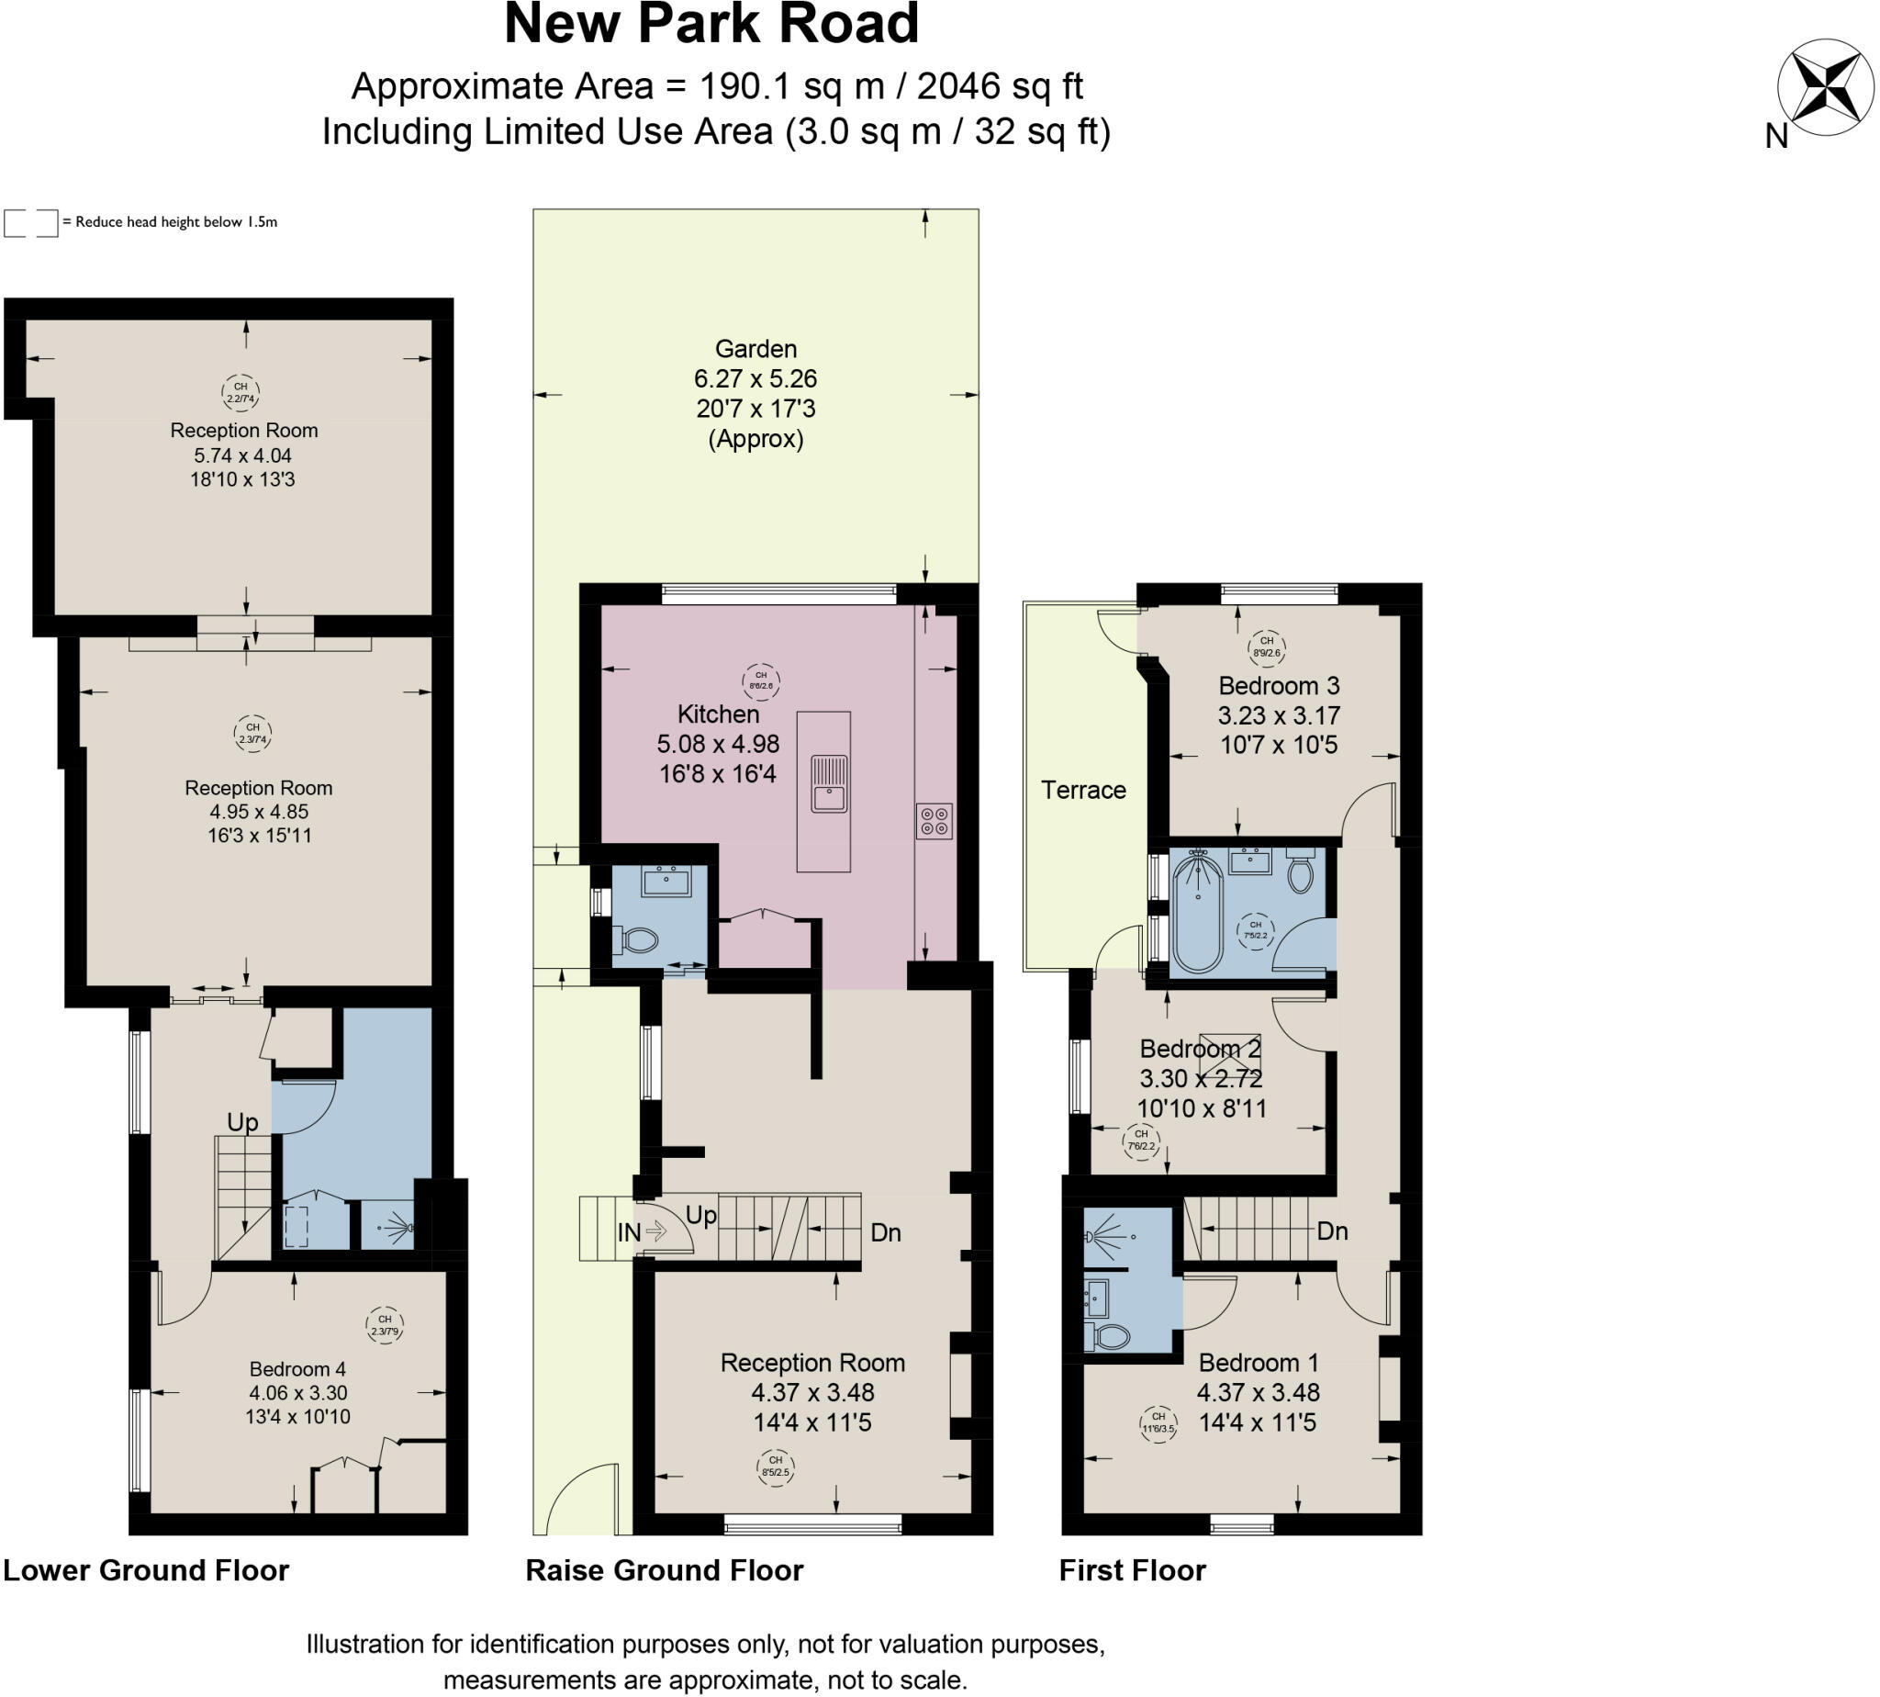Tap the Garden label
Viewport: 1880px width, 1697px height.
(x=755, y=350)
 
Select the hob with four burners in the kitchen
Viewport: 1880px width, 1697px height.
(x=933, y=821)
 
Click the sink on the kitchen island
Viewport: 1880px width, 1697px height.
(x=828, y=784)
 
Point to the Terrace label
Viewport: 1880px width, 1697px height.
(x=1082, y=791)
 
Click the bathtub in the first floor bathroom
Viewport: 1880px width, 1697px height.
(x=1197, y=913)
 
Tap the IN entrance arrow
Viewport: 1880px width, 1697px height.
(x=655, y=1232)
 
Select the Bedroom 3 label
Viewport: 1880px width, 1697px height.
(x=1278, y=686)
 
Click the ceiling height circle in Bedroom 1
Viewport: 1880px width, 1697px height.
(x=1158, y=1422)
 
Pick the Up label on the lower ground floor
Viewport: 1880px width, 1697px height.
(x=242, y=1122)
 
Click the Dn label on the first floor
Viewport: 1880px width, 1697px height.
(x=1332, y=1231)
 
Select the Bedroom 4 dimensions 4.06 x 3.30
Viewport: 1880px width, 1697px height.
(x=297, y=1393)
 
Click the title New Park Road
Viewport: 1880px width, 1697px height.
(x=711, y=25)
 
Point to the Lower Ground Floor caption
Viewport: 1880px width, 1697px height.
(x=146, y=1570)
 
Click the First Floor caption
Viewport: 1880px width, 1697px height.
(x=1132, y=1570)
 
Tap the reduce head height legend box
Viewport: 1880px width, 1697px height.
(x=31, y=223)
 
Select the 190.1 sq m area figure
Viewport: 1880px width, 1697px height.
(x=790, y=86)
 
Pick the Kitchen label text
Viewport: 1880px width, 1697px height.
(x=718, y=714)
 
